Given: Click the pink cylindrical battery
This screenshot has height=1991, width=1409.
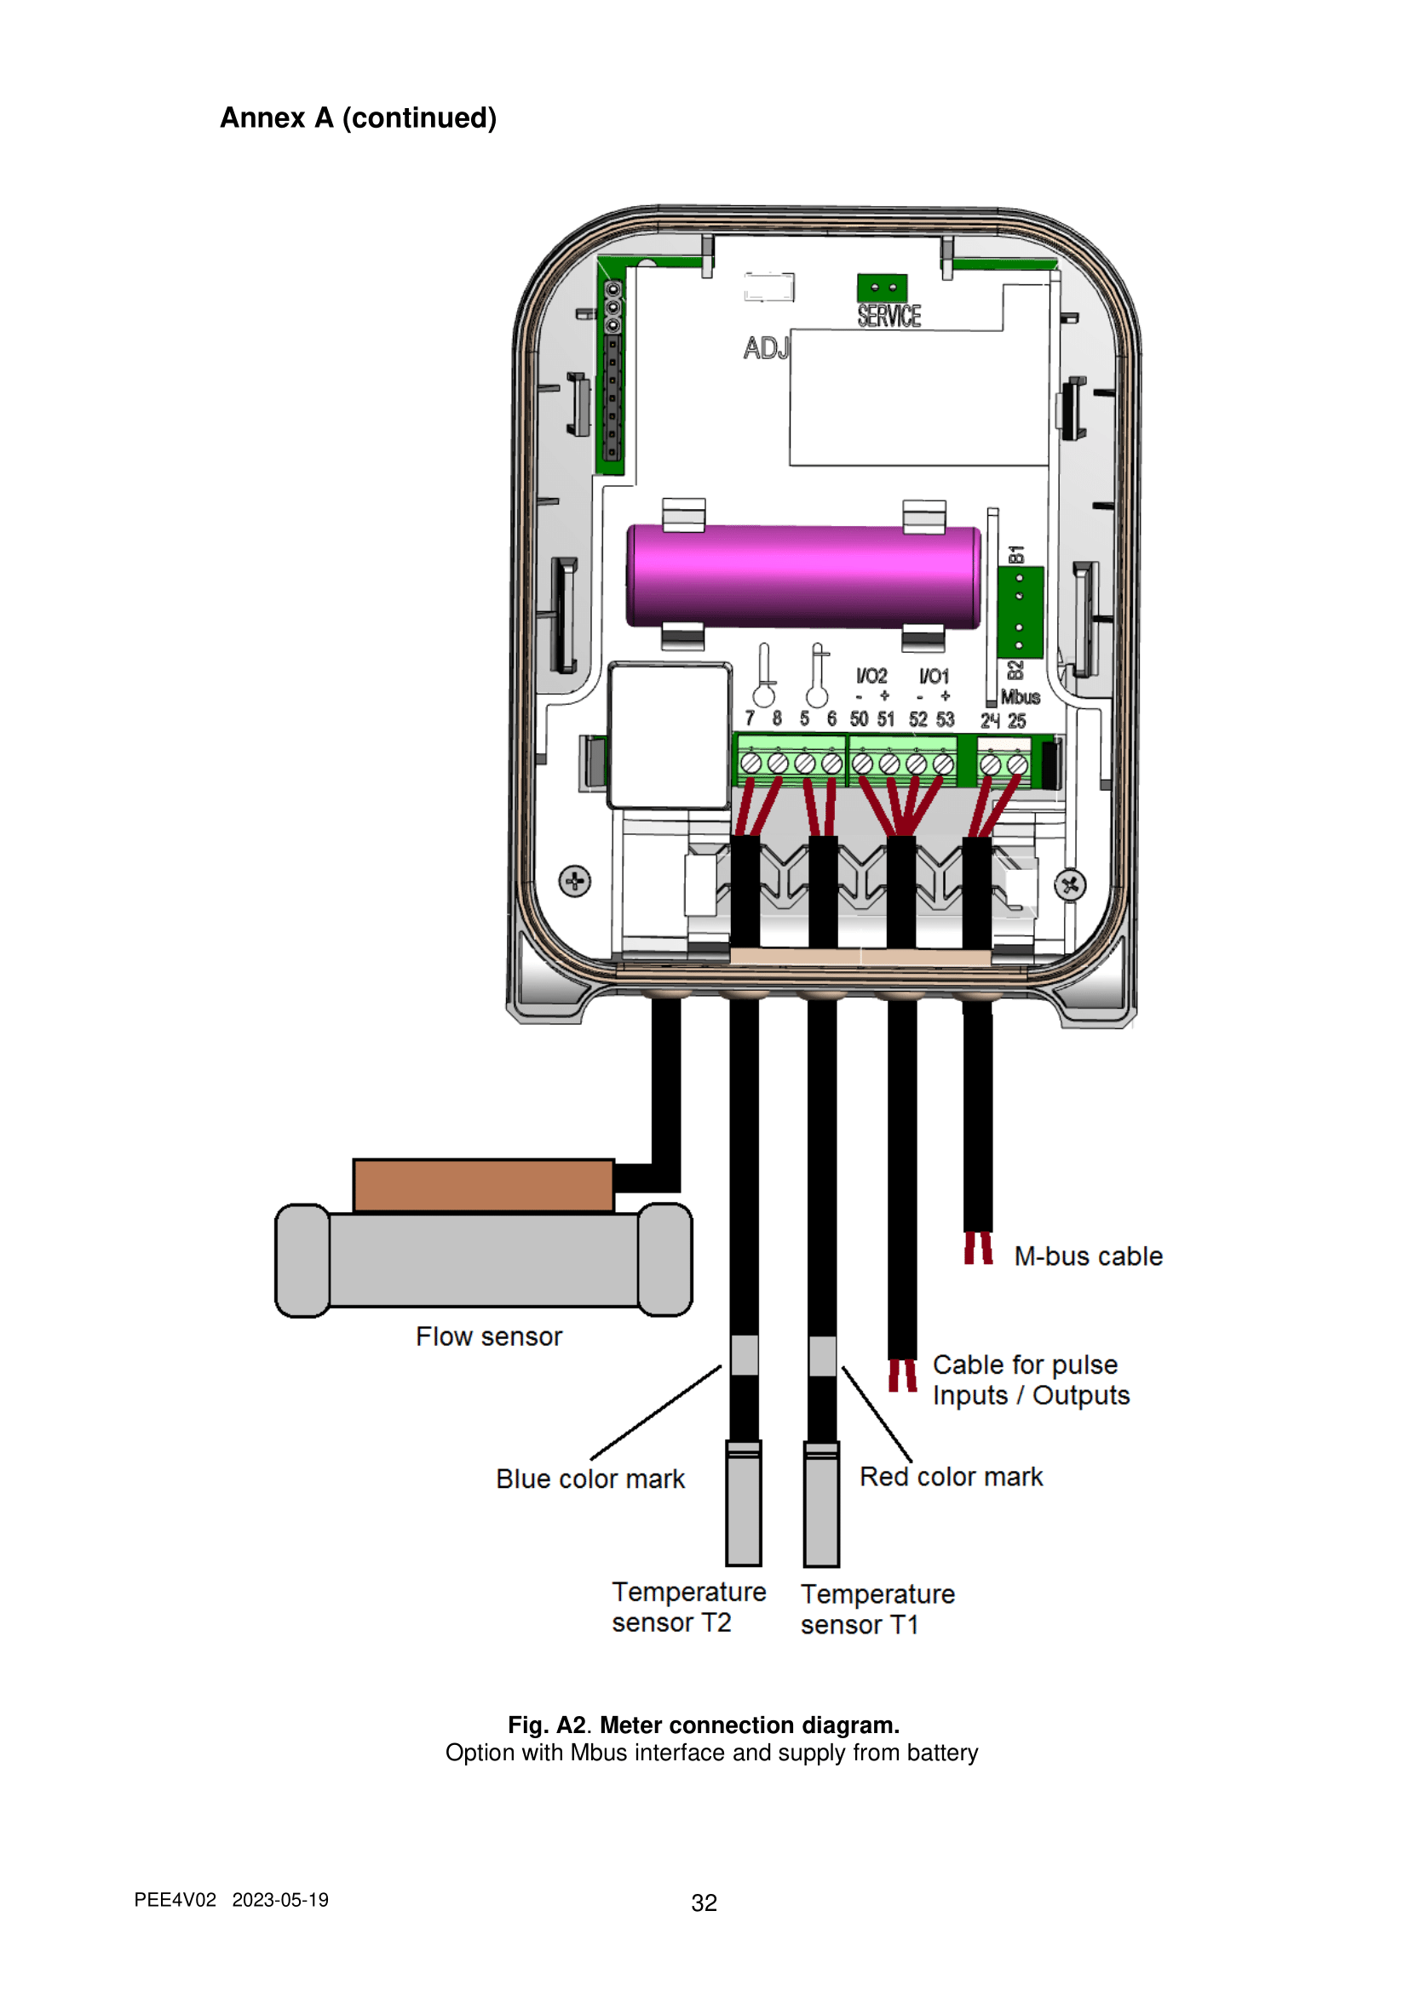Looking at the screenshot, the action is click(x=803, y=575).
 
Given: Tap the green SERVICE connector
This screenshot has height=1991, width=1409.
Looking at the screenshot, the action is click(x=883, y=288).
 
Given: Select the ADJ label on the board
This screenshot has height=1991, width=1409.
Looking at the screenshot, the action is click(x=766, y=348).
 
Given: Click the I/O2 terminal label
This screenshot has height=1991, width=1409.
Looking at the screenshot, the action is click(x=872, y=676).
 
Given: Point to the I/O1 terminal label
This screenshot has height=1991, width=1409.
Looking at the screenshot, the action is click(x=935, y=676).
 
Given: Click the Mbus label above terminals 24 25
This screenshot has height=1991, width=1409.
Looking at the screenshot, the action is click(x=1021, y=697).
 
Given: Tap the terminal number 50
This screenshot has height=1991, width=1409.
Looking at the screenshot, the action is click(x=859, y=719).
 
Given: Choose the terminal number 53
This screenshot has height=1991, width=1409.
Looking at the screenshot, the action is click(x=945, y=719).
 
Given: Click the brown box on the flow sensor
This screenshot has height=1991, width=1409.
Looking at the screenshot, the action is click(x=483, y=1186).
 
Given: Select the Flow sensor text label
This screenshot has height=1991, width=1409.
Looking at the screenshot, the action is click(x=488, y=1336).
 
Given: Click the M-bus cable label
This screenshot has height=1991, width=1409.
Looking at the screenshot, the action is click(x=1088, y=1256).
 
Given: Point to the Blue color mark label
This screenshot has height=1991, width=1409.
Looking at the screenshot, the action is click(x=590, y=1479).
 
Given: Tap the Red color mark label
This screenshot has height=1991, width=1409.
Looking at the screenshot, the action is click(x=951, y=1477).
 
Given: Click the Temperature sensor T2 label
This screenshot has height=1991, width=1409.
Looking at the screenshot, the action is click(x=689, y=1607).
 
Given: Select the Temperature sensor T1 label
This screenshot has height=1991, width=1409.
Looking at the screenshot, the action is click(x=877, y=1610).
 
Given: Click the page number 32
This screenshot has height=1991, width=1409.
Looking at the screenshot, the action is click(x=704, y=1902).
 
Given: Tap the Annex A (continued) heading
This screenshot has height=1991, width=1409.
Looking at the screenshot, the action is click(x=359, y=118).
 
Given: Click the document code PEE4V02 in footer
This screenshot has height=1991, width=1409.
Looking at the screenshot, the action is click(x=175, y=1900).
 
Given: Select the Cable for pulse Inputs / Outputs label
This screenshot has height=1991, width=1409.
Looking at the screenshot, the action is click(x=1031, y=1380).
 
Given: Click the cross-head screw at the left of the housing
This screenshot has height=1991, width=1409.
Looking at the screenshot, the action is click(x=574, y=882).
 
